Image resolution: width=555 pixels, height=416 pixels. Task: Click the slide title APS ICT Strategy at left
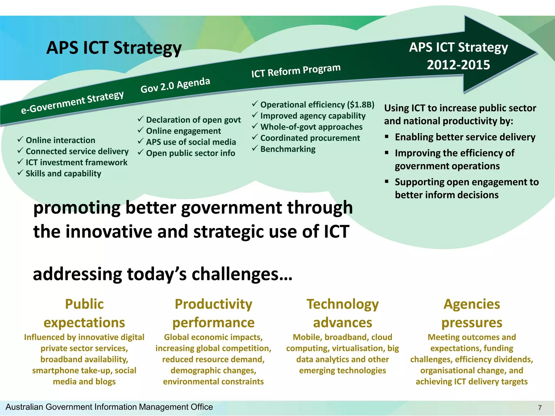point(114,48)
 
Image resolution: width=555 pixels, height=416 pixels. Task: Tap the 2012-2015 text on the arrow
point(458,65)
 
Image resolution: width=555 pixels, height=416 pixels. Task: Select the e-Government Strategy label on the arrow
point(72,102)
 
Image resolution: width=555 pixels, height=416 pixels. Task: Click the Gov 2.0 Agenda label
point(175,85)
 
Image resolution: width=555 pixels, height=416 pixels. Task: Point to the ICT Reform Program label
point(296,71)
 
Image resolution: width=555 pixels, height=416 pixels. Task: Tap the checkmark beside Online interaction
point(20,139)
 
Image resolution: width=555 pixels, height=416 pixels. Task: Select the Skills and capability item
point(63,173)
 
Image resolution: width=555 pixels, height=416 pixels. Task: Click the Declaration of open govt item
point(193,120)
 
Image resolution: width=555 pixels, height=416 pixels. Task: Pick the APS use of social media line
point(191,142)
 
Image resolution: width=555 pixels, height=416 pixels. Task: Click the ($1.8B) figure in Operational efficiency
point(360,105)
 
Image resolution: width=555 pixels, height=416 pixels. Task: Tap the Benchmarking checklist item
point(288,149)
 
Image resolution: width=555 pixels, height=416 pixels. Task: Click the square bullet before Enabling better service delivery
point(387,136)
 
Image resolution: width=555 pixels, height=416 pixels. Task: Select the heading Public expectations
point(84,313)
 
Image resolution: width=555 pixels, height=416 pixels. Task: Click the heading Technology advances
point(343,313)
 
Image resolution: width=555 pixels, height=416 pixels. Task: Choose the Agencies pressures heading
point(472,313)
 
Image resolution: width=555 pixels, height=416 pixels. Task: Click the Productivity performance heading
point(214,313)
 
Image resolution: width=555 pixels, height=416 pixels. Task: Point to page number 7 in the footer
point(540,408)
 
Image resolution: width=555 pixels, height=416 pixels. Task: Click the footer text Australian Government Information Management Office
point(109,407)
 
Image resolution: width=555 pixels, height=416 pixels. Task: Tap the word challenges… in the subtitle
point(242,274)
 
